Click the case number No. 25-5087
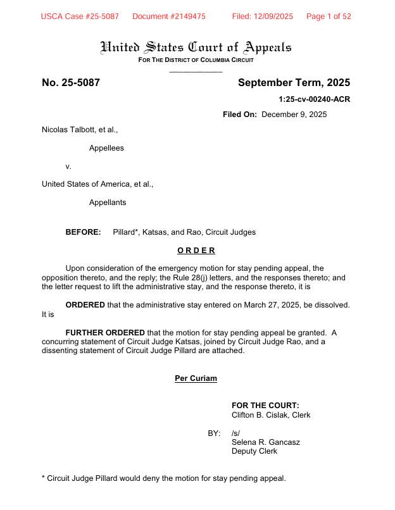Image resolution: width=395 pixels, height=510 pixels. [x=71, y=83]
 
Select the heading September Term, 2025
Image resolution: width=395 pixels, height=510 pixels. [x=294, y=83]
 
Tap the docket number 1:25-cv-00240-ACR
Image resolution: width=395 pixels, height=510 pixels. [x=314, y=99]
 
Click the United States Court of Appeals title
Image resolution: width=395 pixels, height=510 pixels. [x=196, y=47]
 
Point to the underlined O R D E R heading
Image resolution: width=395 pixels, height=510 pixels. [x=196, y=250]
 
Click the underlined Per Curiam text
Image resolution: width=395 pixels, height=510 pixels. [x=196, y=378]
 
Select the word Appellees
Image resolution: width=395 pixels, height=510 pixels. [x=106, y=148]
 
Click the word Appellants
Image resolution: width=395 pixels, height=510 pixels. [x=108, y=202]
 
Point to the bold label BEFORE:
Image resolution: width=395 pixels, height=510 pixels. [x=84, y=232]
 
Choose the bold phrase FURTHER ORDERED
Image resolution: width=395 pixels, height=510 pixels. [x=105, y=332]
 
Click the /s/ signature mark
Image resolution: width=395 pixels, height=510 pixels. [x=236, y=433]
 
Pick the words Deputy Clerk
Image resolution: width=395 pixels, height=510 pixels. [x=254, y=451]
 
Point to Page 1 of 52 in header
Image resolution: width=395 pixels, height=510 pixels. [x=329, y=16]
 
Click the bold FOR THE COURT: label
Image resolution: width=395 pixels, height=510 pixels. [x=265, y=406]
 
